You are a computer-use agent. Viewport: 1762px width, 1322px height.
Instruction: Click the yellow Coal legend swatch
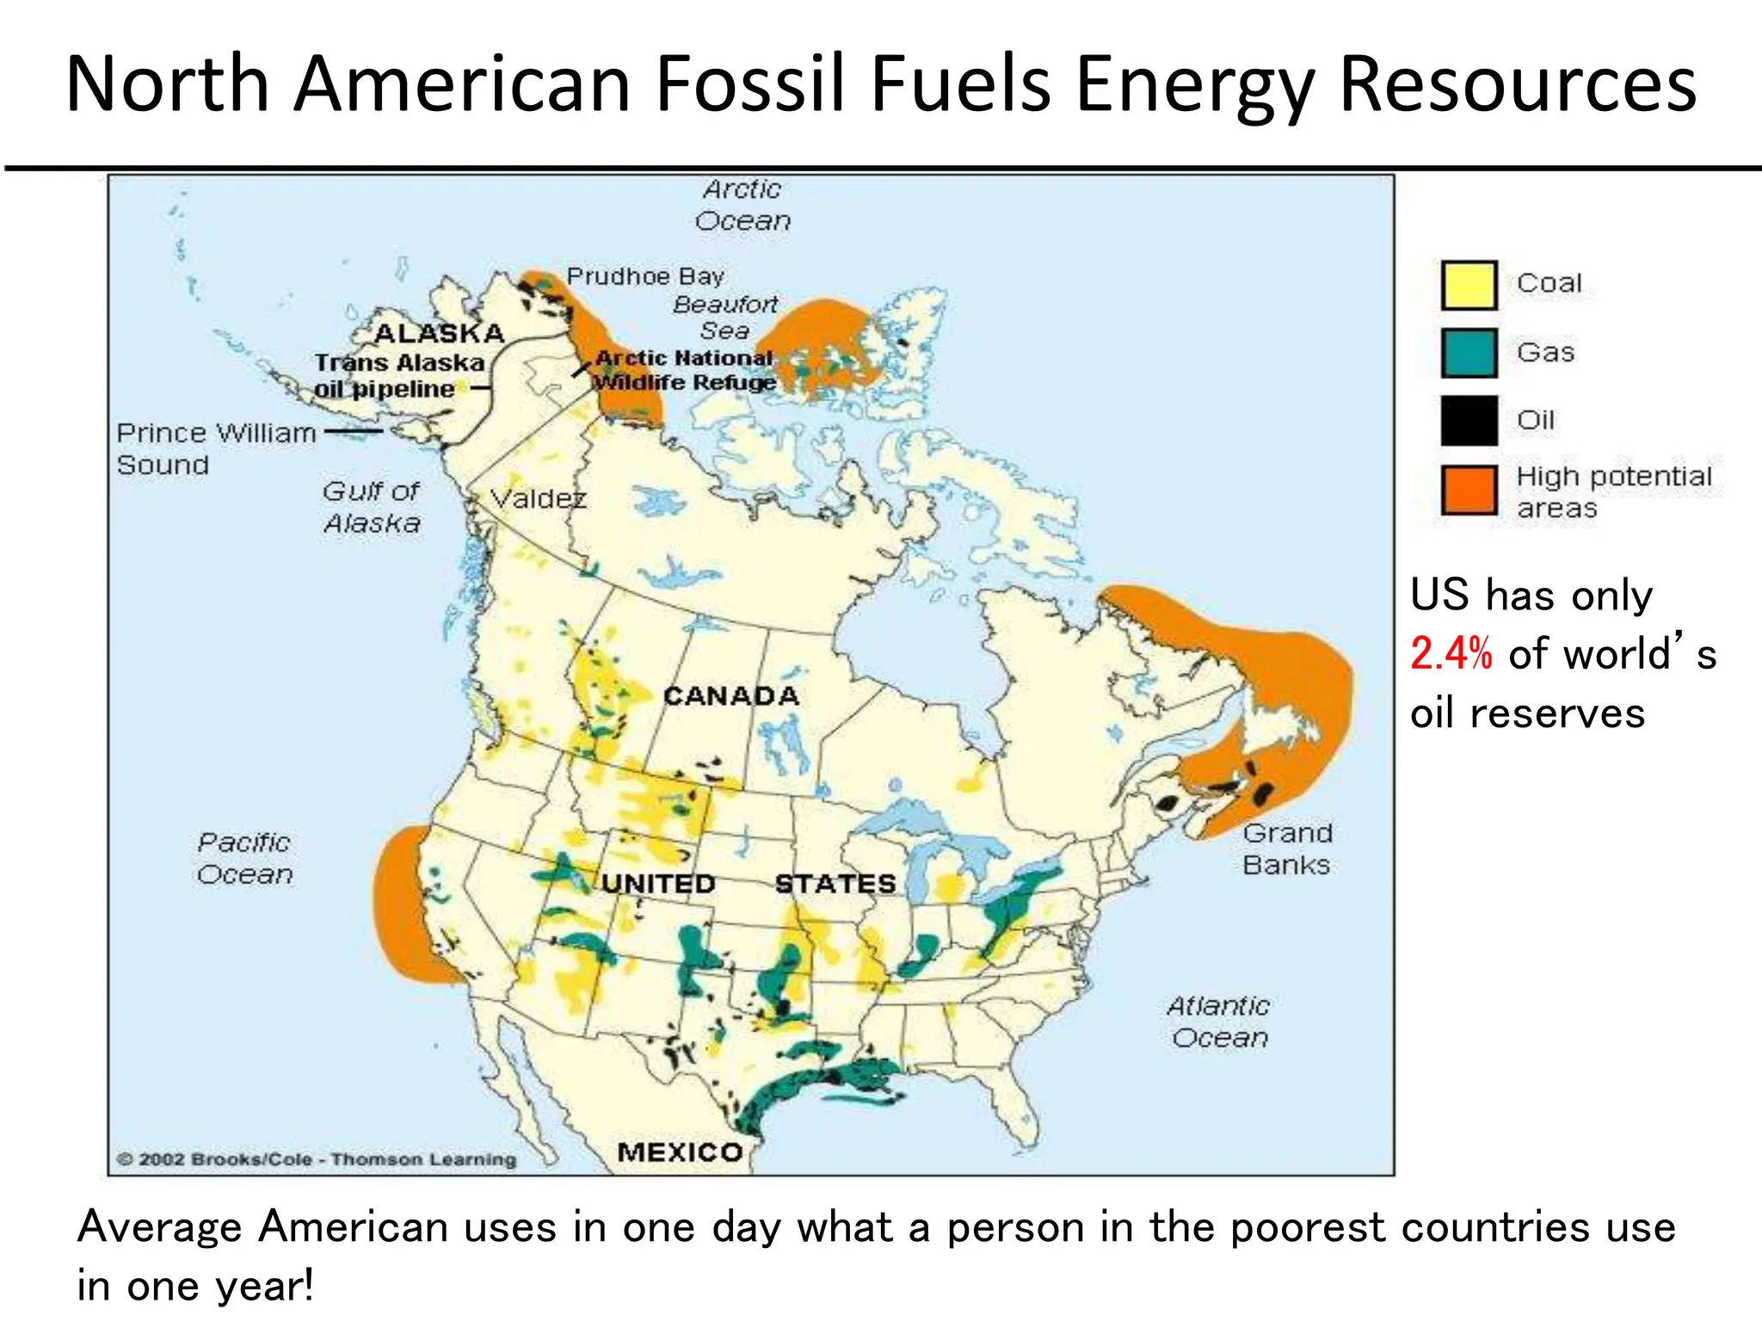(1469, 285)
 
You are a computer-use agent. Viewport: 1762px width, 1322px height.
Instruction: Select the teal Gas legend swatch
(1469, 353)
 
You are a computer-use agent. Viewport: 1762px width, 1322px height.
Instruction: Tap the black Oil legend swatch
(1469, 420)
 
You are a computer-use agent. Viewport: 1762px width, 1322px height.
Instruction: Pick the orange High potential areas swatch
(1469, 490)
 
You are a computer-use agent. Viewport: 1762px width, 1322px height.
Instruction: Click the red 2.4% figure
(1451, 654)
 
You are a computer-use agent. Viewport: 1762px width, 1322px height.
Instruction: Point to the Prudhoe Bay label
(645, 276)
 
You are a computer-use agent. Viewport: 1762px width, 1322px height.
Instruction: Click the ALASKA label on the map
(439, 333)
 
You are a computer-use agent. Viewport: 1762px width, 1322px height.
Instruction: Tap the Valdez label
(538, 498)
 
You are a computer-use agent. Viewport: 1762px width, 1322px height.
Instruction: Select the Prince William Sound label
(215, 448)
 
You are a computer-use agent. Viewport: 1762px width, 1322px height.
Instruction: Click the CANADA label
(731, 695)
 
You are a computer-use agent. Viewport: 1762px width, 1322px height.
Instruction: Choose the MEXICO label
(680, 1152)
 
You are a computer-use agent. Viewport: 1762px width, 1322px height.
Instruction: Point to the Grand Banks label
(1287, 849)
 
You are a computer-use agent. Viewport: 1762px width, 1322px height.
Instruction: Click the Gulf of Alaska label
(372, 507)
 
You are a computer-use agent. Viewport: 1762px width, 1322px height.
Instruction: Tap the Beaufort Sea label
(725, 317)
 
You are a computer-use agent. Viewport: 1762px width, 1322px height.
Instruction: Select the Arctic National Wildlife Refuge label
(685, 370)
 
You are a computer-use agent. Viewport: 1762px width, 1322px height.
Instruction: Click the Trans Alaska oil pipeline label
(398, 375)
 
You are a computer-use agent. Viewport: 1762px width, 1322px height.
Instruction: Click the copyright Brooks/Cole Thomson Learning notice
(317, 1159)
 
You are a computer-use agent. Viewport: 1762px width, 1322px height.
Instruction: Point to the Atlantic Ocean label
(1219, 1022)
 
